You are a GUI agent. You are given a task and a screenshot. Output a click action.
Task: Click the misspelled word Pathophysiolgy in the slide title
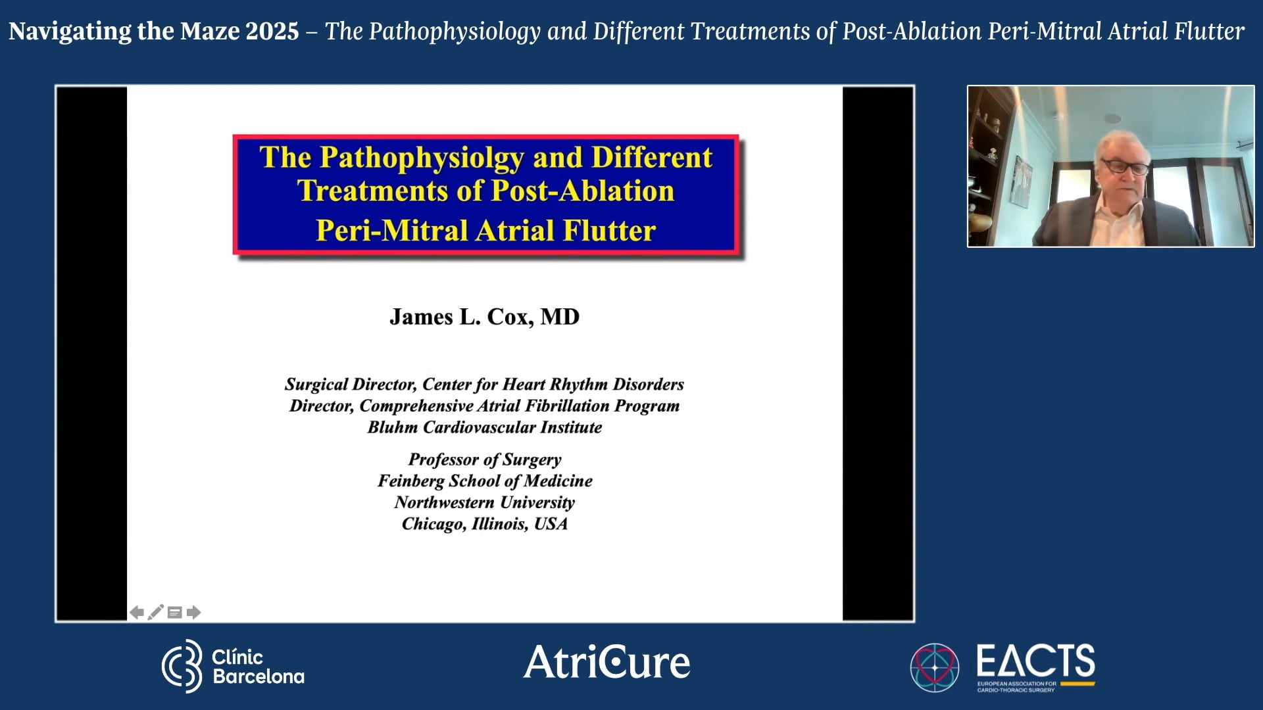[422, 158]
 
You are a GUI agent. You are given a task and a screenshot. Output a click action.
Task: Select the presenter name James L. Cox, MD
[484, 317]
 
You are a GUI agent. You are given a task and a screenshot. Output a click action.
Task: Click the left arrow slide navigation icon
[136, 613]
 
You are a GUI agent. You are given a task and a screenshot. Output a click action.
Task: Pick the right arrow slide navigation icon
[193, 613]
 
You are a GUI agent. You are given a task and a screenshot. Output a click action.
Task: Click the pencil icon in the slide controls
[155, 613]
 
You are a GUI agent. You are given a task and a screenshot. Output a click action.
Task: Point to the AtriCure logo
[607, 662]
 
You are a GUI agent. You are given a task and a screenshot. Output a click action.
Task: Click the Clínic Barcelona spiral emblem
[182, 666]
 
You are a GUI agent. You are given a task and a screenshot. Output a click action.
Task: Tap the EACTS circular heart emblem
[934, 667]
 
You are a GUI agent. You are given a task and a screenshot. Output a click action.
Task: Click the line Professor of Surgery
[485, 460]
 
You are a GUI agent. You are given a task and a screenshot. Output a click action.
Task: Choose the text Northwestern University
[485, 503]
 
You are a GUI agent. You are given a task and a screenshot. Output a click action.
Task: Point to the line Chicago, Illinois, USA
[485, 524]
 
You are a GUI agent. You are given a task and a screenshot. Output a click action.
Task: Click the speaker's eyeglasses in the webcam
[1126, 166]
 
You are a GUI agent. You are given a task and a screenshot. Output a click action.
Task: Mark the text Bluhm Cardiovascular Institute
[485, 427]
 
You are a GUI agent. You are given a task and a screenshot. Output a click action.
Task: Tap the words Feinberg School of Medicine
[485, 481]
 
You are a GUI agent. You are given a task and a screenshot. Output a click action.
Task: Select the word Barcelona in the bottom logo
[259, 676]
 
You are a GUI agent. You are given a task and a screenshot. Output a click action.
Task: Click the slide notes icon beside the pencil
[174, 613]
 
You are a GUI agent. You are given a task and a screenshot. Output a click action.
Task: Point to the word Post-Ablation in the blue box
[582, 191]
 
